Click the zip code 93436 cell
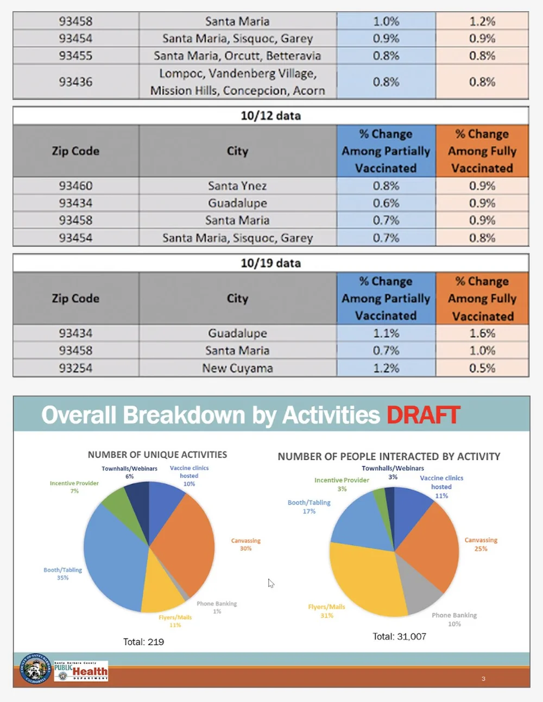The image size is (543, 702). click(x=75, y=82)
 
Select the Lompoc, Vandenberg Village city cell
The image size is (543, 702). click(x=237, y=82)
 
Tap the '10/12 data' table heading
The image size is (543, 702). click(x=270, y=115)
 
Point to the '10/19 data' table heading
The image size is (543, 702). click(x=270, y=263)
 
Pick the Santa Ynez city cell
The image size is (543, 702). click(x=237, y=186)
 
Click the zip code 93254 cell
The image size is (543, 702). click(x=75, y=368)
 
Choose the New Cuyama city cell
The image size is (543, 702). click(x=237, y=368)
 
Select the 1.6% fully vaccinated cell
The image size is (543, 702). click(x=482, y=333)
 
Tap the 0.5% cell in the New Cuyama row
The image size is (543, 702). click(x=482, y=368)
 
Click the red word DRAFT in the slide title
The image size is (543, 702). click(x=423, y=415)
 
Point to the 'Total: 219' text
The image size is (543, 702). click(x=143, y=642)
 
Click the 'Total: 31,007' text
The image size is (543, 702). click(x=399, y=636)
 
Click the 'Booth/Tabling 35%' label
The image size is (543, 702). click(x=63, y=574)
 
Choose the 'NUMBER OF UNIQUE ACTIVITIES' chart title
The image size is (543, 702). click(x=157, y=455)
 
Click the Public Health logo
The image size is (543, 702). click(x=81, y=671)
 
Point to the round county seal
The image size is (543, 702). click(x=35, y=669)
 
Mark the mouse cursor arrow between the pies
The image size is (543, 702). click(x=270, y=583)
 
